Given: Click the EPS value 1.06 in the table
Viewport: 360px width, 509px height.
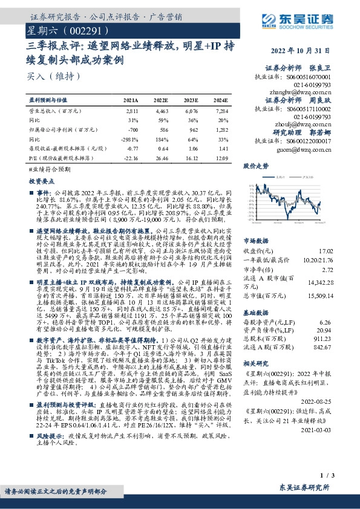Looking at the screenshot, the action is [x=192, y=148].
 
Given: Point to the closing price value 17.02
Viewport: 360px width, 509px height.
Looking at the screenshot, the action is [x=342, y=250].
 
